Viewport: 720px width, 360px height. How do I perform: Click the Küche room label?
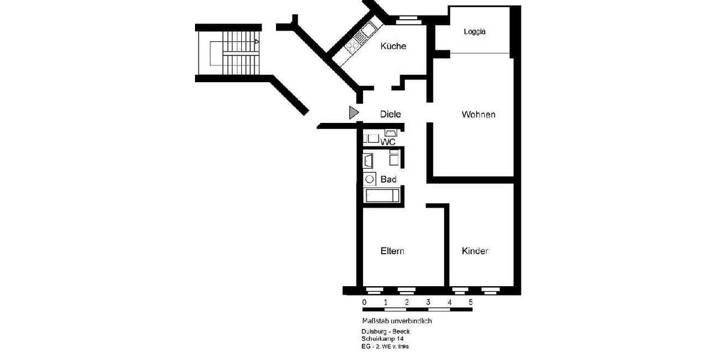(x=394, y=46)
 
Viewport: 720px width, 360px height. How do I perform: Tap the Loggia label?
(x=475, y=32)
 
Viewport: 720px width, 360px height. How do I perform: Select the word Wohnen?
(x=478, y=115)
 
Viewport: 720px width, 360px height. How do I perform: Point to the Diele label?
(x=390, y=114)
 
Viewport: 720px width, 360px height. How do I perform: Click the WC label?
(x=388, y=142)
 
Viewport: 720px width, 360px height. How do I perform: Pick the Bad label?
(x=388, y=179)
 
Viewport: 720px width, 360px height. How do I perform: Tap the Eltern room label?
(x=392, y=251)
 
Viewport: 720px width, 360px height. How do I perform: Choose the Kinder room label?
(x=475, y=251)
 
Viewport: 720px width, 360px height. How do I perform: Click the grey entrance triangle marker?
(x=353, y=112)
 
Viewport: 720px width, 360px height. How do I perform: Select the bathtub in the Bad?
(x=381, y=196)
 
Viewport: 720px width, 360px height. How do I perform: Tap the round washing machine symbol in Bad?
(x=369, y=179)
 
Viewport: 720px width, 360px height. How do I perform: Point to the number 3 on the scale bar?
(x=428, y=302)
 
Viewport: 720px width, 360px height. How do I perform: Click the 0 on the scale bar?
(x=364, y=302)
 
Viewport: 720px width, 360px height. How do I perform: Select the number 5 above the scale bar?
(x=470, y=302)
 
